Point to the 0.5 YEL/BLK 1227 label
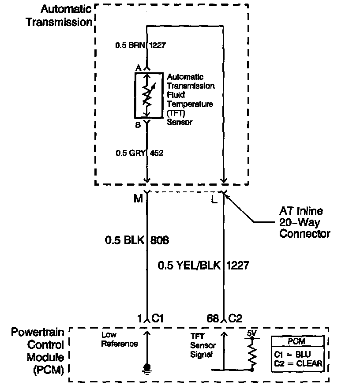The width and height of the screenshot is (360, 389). point(203,266)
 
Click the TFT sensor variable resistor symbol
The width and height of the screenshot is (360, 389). point(147,96)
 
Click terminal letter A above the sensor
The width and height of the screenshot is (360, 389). point(138,68)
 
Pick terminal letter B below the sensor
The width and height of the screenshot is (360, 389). point(138,125)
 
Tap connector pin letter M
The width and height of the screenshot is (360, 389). point(138,199)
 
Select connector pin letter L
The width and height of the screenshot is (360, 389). point(214,199)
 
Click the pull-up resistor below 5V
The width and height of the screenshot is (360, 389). point(252,355)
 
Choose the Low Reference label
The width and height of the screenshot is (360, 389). point(120,339)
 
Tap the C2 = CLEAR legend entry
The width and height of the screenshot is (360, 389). point(298,364)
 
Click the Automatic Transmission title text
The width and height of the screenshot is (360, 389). point(60,15)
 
